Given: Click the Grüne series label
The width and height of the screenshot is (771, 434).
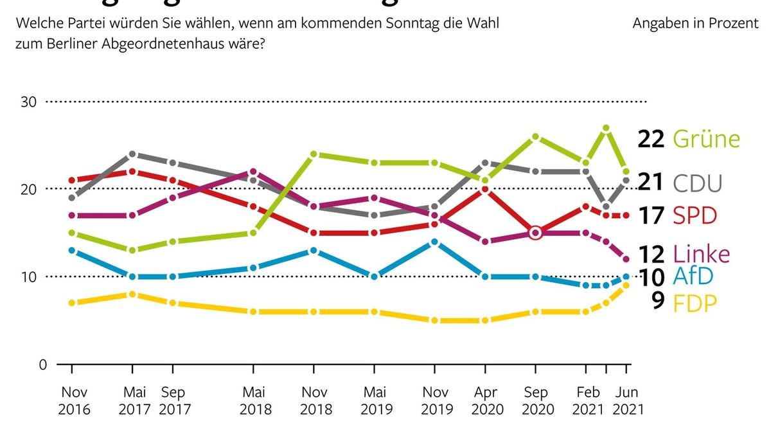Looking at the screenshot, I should click(706, 139).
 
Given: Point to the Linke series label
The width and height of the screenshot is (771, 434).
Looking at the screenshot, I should click(702, 255).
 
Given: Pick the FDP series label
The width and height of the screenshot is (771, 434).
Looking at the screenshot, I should click(695, 302).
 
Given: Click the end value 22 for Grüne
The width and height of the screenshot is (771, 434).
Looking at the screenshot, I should click(650, 139).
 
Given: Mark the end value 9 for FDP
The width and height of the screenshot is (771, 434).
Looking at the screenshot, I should click(657, 302).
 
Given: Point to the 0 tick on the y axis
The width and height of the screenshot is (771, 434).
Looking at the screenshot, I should click(42, 364).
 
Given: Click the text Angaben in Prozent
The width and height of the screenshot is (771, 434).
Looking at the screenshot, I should click(695, 24).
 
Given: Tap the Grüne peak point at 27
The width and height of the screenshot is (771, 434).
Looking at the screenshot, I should click(605, 128).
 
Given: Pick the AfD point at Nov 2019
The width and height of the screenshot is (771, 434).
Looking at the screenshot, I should click(435, 242).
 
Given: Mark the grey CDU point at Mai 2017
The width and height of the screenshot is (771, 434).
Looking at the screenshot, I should click(132, 154).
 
